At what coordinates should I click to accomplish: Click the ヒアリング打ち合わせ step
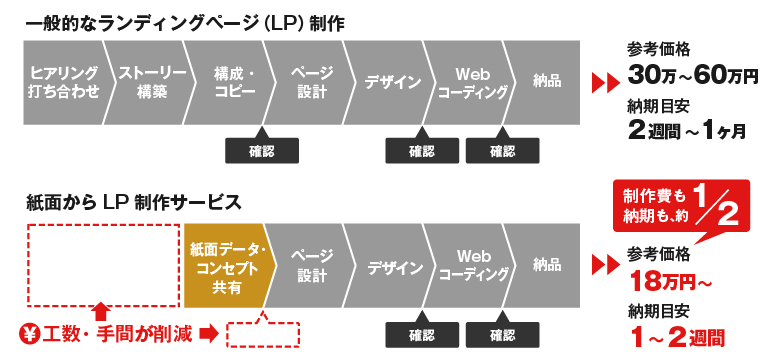[65, 83]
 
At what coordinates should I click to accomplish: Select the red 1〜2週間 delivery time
[677, 335]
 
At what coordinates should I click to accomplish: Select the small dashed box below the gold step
[264, 333]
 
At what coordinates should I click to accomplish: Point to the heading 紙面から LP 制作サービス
[134, 202]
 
